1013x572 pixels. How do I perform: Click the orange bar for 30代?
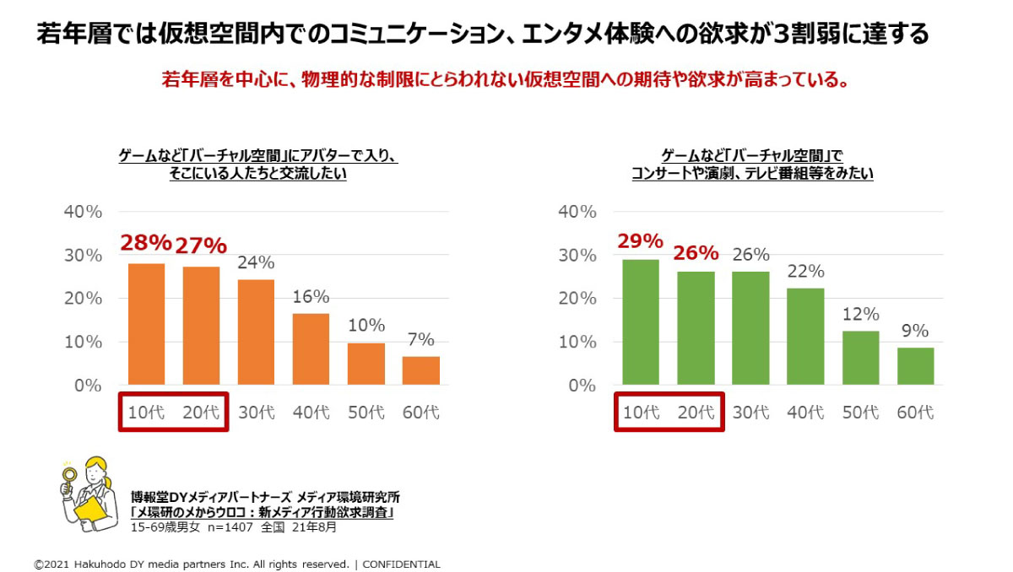pyautogui.click(x=256, y=332)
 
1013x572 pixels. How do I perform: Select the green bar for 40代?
pyautogui.click(x=805, y=337)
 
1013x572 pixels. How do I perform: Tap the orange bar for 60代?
pyautogui.click(x=420, y=370)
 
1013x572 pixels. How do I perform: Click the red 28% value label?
pyautogui.click(x=145, y=243)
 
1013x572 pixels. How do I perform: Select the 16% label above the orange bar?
pyautogui.click(x=311, y=296)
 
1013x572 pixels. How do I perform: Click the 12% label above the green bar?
pyautogui.click(x=860, y=314)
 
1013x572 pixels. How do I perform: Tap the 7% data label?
pyautogui.click(x=420, y=339)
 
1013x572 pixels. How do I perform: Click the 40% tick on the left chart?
pyautogui.click(x=84, y=211)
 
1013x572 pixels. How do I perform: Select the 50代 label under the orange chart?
pyautogui.click(x=366, y=413)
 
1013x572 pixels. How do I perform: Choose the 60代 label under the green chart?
pyautogui.click(x=915, y=413)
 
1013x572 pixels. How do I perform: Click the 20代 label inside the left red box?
pyautogui.click(x=201, y=413)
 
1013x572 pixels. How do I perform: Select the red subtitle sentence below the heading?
pyautogui.click(x=505, y=81)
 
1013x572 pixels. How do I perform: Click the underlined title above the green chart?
pyautogui.click(x=752, y=165)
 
